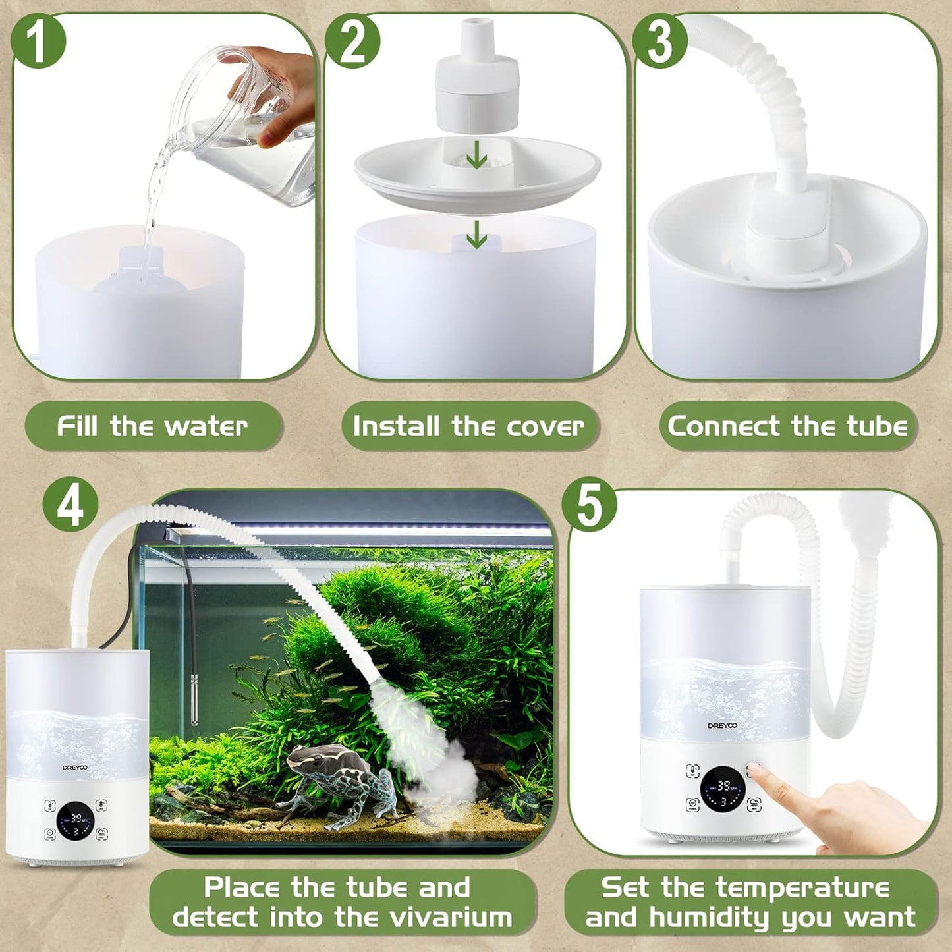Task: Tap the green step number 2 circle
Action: pos(352,41)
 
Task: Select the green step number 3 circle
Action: pos(659,41)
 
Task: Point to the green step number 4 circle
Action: pos(70,506)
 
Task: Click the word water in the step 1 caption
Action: pos(206,426)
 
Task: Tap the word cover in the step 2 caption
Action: pos(545,426)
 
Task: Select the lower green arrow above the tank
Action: pos(476,234)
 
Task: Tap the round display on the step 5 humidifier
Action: pos(723,789)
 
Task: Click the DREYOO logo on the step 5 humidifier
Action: pos(722,725)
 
